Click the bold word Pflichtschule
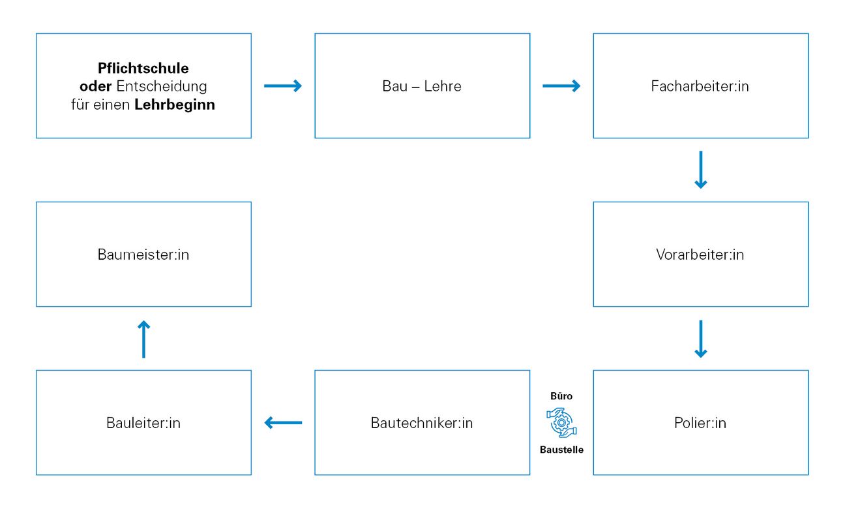pos(143,68)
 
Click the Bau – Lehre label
pos(422,86)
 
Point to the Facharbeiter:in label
pos(700,86)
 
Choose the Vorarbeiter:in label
pos(700,255)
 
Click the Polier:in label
pos(700,423)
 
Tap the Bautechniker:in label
pos(422,423)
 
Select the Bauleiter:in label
pos(143,423)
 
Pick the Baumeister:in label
pos(143,255)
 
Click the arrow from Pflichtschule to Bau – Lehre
pos(283,86)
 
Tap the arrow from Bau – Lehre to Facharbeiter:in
pos(561,86)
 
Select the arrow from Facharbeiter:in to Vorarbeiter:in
pos(700,170)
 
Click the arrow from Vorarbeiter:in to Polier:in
pos(700,339)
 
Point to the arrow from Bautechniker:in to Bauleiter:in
pos(283,423)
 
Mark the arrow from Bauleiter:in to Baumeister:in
pos(143,339)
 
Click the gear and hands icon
pos(561,423)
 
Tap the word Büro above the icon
pos(561,396)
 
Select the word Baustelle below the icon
pos(561,450)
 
